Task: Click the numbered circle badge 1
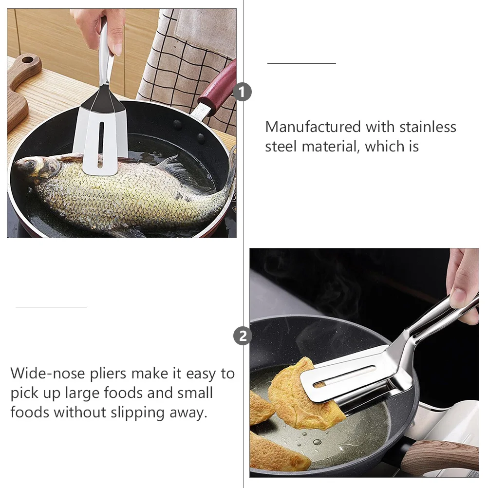click(243, 92)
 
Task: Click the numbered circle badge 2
click(243, 336)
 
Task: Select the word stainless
click(428, 127)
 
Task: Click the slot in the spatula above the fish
click(101, 139)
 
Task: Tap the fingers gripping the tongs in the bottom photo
click(463, 287)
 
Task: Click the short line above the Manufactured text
click(301, 63)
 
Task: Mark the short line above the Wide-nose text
click(51, 307)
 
